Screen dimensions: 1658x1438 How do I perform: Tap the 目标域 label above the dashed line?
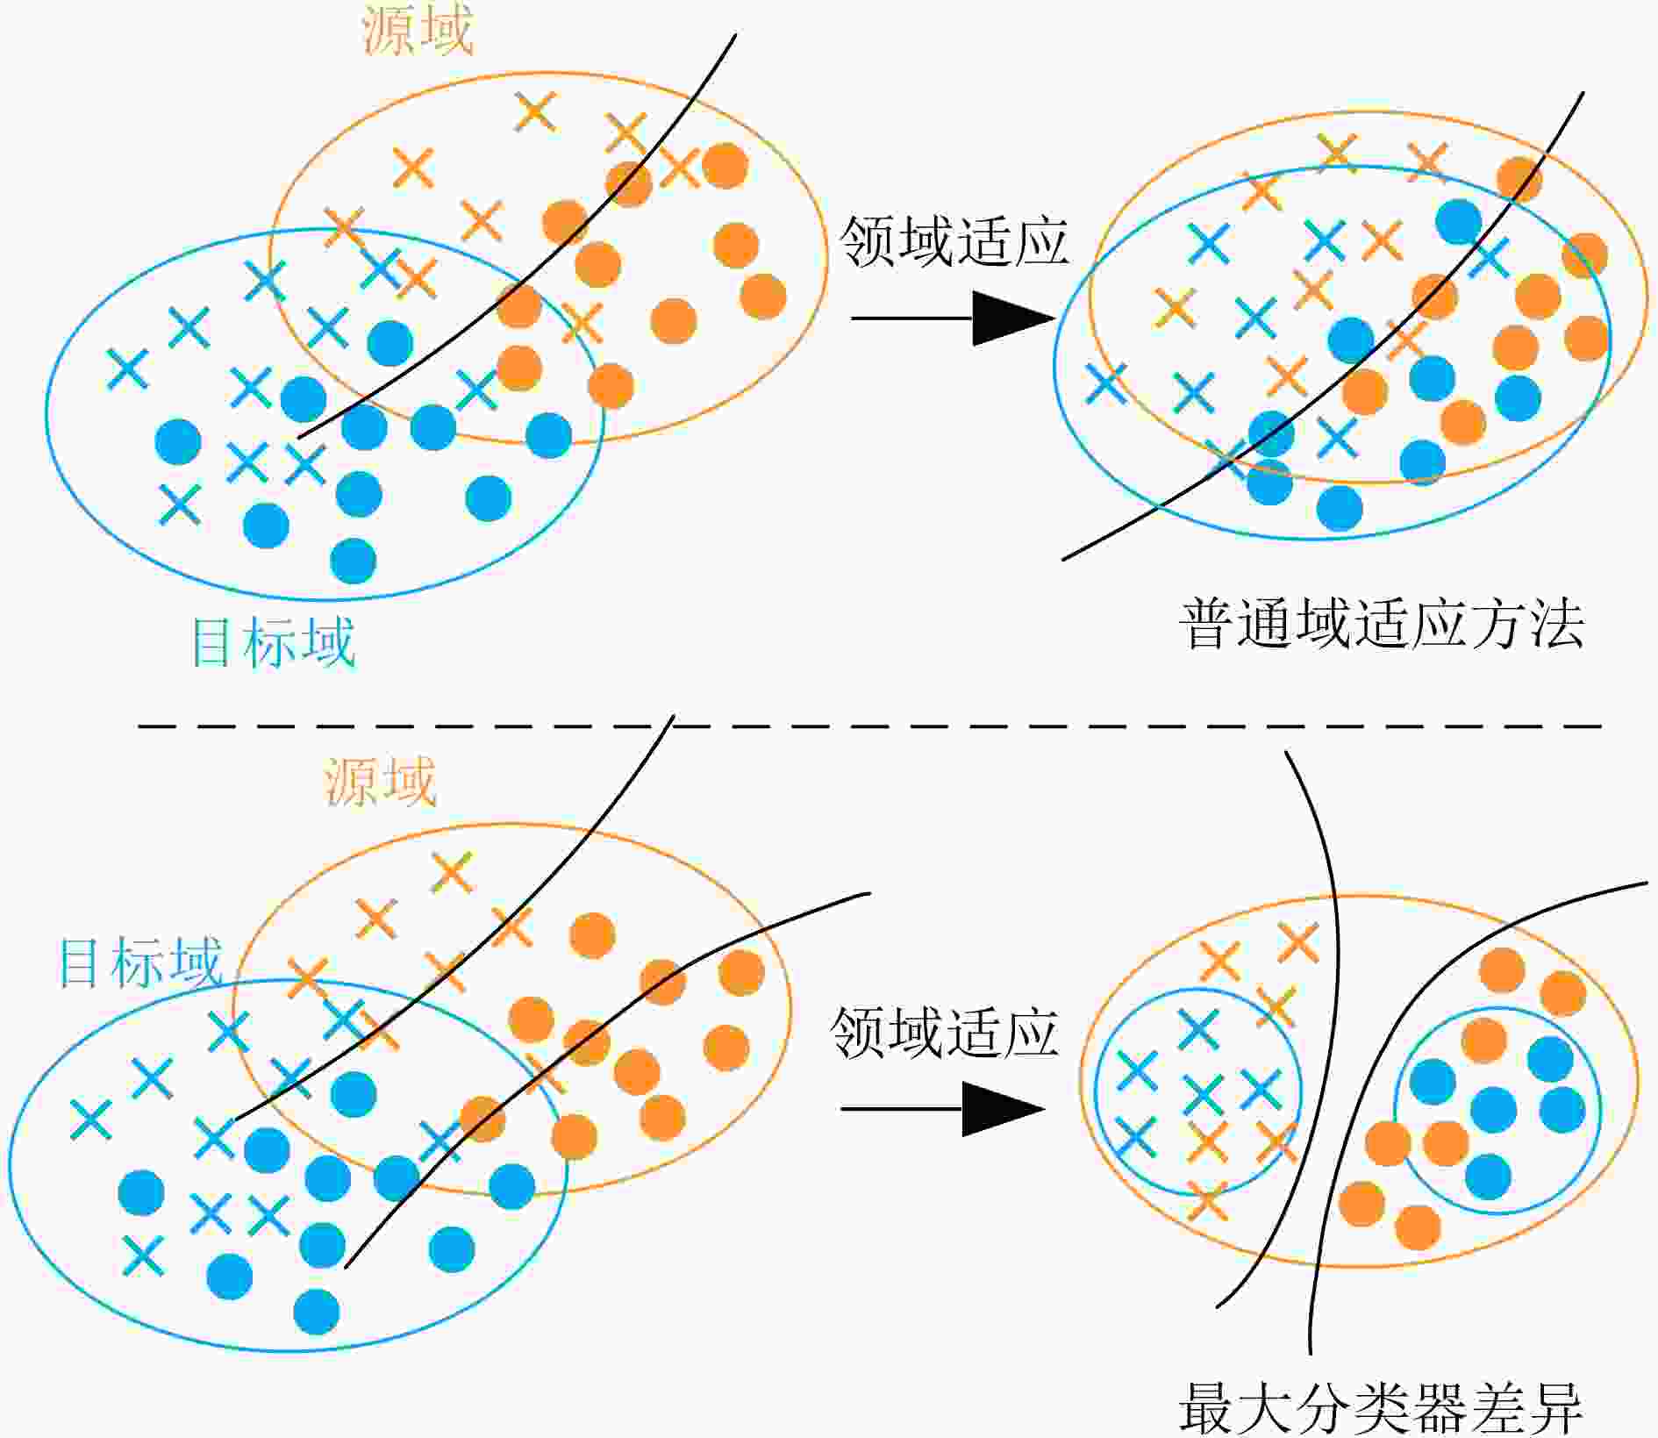(273, 642)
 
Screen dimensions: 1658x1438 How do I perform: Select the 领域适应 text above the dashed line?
(954, 241)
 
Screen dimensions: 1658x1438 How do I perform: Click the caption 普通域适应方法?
(1382, 625)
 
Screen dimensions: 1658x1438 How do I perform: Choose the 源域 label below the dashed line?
(381, 781)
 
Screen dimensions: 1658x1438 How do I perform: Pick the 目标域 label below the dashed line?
(139, 962)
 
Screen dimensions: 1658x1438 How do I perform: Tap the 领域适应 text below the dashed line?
(945, 1032)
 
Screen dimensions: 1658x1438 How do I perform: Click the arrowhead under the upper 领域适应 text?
(1013, 318)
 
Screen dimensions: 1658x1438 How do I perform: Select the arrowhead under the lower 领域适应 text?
(1004, 1109)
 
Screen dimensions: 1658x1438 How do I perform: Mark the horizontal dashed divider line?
(869, 726)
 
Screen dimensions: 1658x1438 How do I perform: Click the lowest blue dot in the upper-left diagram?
(354, 561)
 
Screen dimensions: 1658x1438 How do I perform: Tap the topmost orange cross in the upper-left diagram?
(535, 111)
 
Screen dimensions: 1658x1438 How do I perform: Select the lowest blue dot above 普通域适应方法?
(1340, 508)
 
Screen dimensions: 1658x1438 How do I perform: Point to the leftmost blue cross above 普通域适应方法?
(1106, 383)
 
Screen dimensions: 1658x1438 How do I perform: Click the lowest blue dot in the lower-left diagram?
(317, 1312)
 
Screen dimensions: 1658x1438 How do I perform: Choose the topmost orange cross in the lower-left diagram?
(452, 872)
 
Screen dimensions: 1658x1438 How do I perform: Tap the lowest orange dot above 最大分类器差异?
(1418, 1227)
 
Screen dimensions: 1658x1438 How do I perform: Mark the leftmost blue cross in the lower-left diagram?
(91, 1120)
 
